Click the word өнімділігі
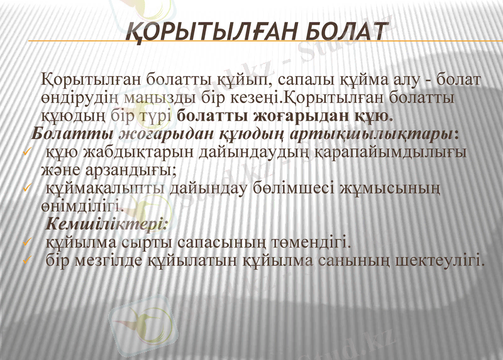coord(79,205)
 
